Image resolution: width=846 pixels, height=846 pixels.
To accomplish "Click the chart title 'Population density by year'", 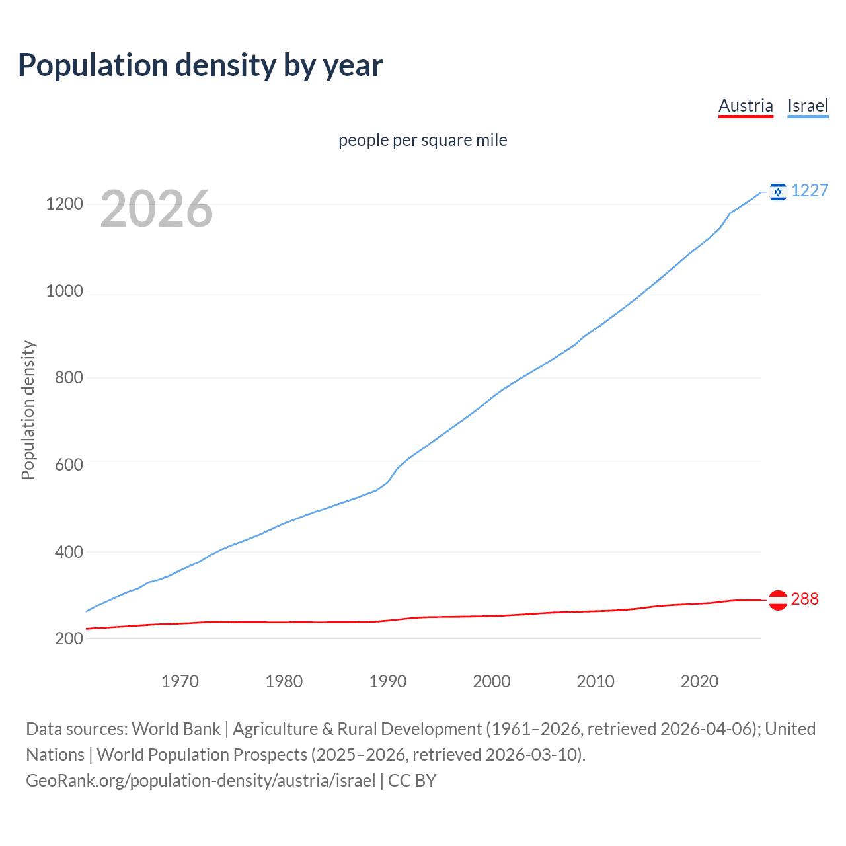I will coord(200,65).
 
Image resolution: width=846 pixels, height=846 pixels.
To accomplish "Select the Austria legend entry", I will coord(746,106).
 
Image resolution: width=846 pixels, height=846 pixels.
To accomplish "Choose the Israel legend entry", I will coord(808,106).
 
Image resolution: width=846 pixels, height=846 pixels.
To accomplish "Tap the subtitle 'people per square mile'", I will coord(423,140).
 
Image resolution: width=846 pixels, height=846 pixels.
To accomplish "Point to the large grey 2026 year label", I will coord(157,209).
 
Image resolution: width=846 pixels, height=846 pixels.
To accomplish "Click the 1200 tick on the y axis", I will coord(64,204).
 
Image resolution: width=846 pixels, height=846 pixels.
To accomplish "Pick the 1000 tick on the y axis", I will coord(64,291).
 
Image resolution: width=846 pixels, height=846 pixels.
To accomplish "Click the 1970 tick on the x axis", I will coord(180,681).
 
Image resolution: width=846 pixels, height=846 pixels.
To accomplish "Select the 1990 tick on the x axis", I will coord(388,681).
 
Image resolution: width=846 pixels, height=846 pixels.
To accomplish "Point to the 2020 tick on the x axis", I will coord(699,681).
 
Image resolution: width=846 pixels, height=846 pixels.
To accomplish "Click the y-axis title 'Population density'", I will coord(28,410).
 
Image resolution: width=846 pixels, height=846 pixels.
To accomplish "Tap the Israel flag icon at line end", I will coord(778,192).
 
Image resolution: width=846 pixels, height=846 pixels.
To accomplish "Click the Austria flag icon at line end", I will coord(778,599).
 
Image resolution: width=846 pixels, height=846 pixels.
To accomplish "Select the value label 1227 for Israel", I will coord(810,190).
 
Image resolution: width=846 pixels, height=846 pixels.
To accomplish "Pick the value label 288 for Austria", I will coord(804,599).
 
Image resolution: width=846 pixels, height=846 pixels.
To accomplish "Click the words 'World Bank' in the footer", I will coord(176,728).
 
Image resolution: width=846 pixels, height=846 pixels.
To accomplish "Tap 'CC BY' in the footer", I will coord(412,780).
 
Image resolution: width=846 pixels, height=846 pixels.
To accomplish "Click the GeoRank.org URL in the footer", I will coord(200,780).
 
